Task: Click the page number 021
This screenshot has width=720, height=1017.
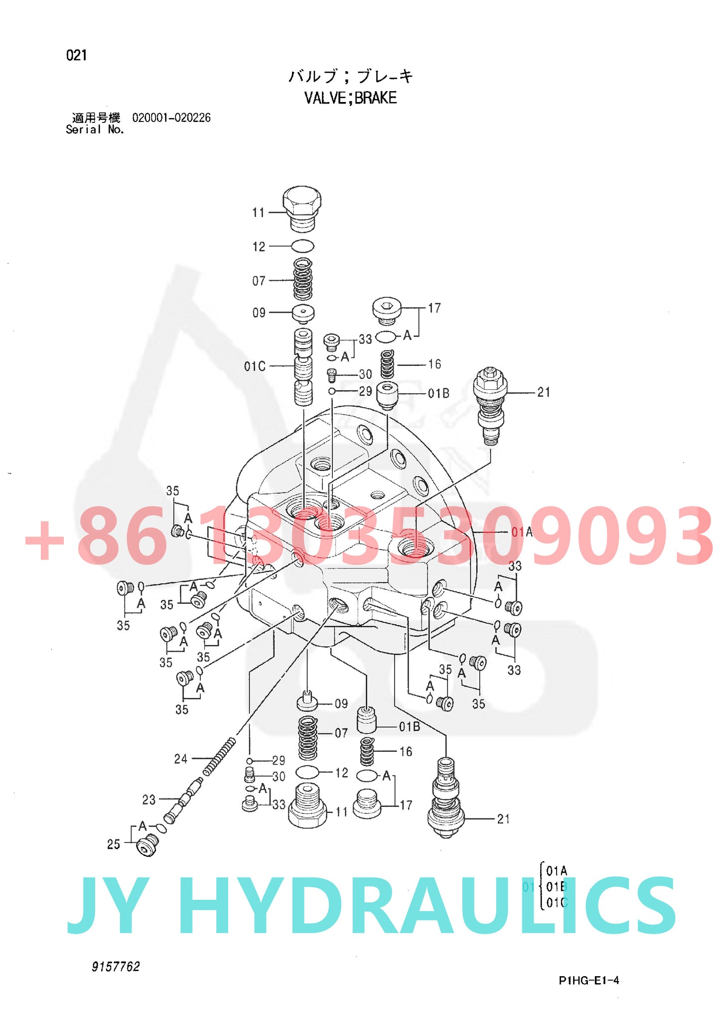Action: click(x=76, y=55)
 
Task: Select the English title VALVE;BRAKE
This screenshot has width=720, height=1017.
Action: click(x=350, y=98)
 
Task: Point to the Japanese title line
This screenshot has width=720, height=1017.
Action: click(x=350, y=76)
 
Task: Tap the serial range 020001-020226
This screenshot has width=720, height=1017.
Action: click(x=171, y=118)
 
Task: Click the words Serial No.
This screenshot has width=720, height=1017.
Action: click(x=95, y=129)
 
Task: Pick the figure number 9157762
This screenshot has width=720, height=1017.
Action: click(x=116, y=966)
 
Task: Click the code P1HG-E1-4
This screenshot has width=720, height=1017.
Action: click(x=588, y=980)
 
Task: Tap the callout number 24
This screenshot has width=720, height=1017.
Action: click(x=180, y=759)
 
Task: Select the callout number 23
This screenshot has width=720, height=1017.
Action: click(x=148, y=799)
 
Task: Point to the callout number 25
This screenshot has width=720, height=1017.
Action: click(x=114, y=844)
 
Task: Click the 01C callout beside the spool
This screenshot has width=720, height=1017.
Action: click(x=255, y=366)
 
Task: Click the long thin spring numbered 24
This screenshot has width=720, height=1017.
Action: click(x=219, y=757)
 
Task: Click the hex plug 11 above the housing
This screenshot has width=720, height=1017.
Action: click(x=302, y=208)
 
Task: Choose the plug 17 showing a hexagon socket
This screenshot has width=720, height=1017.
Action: click(x=387, y=310)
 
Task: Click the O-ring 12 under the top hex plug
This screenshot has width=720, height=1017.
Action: click(x=302, y=246)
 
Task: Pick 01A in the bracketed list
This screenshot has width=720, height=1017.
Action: click(x=557, y=871)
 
